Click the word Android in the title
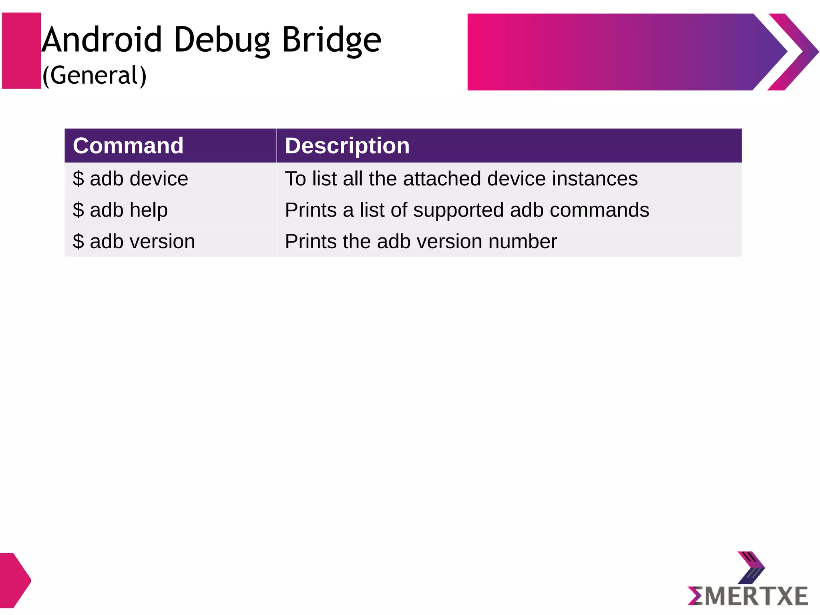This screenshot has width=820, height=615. pos(102,40)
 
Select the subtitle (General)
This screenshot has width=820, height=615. pos(94,75)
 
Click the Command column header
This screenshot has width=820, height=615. pos(128,145)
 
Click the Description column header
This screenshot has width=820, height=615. pos(347,145)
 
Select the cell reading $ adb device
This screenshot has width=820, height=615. pos(131,179)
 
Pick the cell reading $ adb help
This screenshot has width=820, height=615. pos(120,210)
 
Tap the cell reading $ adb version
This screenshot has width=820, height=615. pos(134,241)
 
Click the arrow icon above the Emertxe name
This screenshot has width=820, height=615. pos(751,567)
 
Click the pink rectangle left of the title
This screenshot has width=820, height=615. pos(22,51)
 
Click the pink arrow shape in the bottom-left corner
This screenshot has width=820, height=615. pos(14,580)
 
